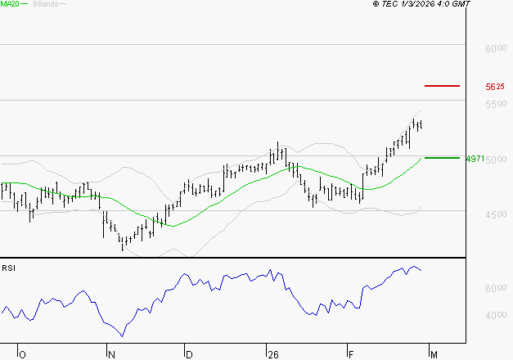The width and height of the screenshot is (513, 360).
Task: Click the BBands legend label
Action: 44,4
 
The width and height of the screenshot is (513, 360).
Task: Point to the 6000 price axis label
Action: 495,49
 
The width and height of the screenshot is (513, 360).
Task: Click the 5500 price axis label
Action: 495,105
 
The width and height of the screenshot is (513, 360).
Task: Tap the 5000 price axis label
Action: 495,160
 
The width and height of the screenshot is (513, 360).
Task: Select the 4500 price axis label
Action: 495,215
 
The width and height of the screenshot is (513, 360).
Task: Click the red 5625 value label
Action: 495,86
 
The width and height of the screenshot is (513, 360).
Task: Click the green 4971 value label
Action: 475,158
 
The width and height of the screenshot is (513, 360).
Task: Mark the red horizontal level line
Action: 442,85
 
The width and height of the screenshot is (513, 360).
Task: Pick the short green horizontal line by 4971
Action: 442,157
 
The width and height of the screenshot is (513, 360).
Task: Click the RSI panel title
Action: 9,268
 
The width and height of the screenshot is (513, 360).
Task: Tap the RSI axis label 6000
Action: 495,289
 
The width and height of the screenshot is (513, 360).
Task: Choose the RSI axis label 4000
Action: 495,316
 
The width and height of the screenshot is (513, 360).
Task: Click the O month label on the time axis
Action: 22,354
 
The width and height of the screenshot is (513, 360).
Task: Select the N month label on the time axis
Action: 110,354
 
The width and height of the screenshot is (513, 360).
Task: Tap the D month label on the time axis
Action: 189,354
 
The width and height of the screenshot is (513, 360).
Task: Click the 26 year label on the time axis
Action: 272,354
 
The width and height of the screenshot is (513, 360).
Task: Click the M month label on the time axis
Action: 432,354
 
